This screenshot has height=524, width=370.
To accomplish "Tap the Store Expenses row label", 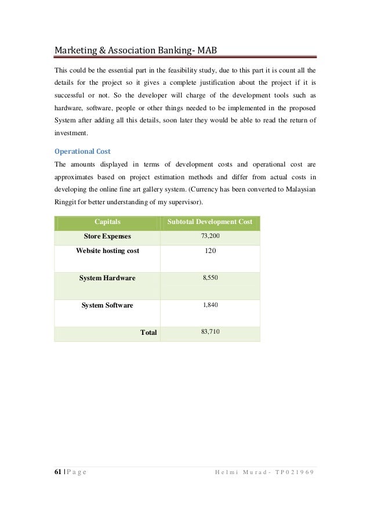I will click(107, 236).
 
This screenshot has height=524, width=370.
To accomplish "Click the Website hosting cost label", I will click(107, 251).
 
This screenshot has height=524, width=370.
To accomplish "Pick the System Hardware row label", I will click(107, 278).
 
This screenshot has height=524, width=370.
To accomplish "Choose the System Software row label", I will click(107, 305).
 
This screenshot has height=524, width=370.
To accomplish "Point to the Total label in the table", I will click(149, 333).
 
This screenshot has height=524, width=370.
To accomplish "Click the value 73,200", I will click(210, 236).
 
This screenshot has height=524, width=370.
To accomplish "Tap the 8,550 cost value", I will click(210, 278).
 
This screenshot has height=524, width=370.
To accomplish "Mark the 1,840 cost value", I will click(210, 305).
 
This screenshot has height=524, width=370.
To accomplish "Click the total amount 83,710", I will click(210, 333).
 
